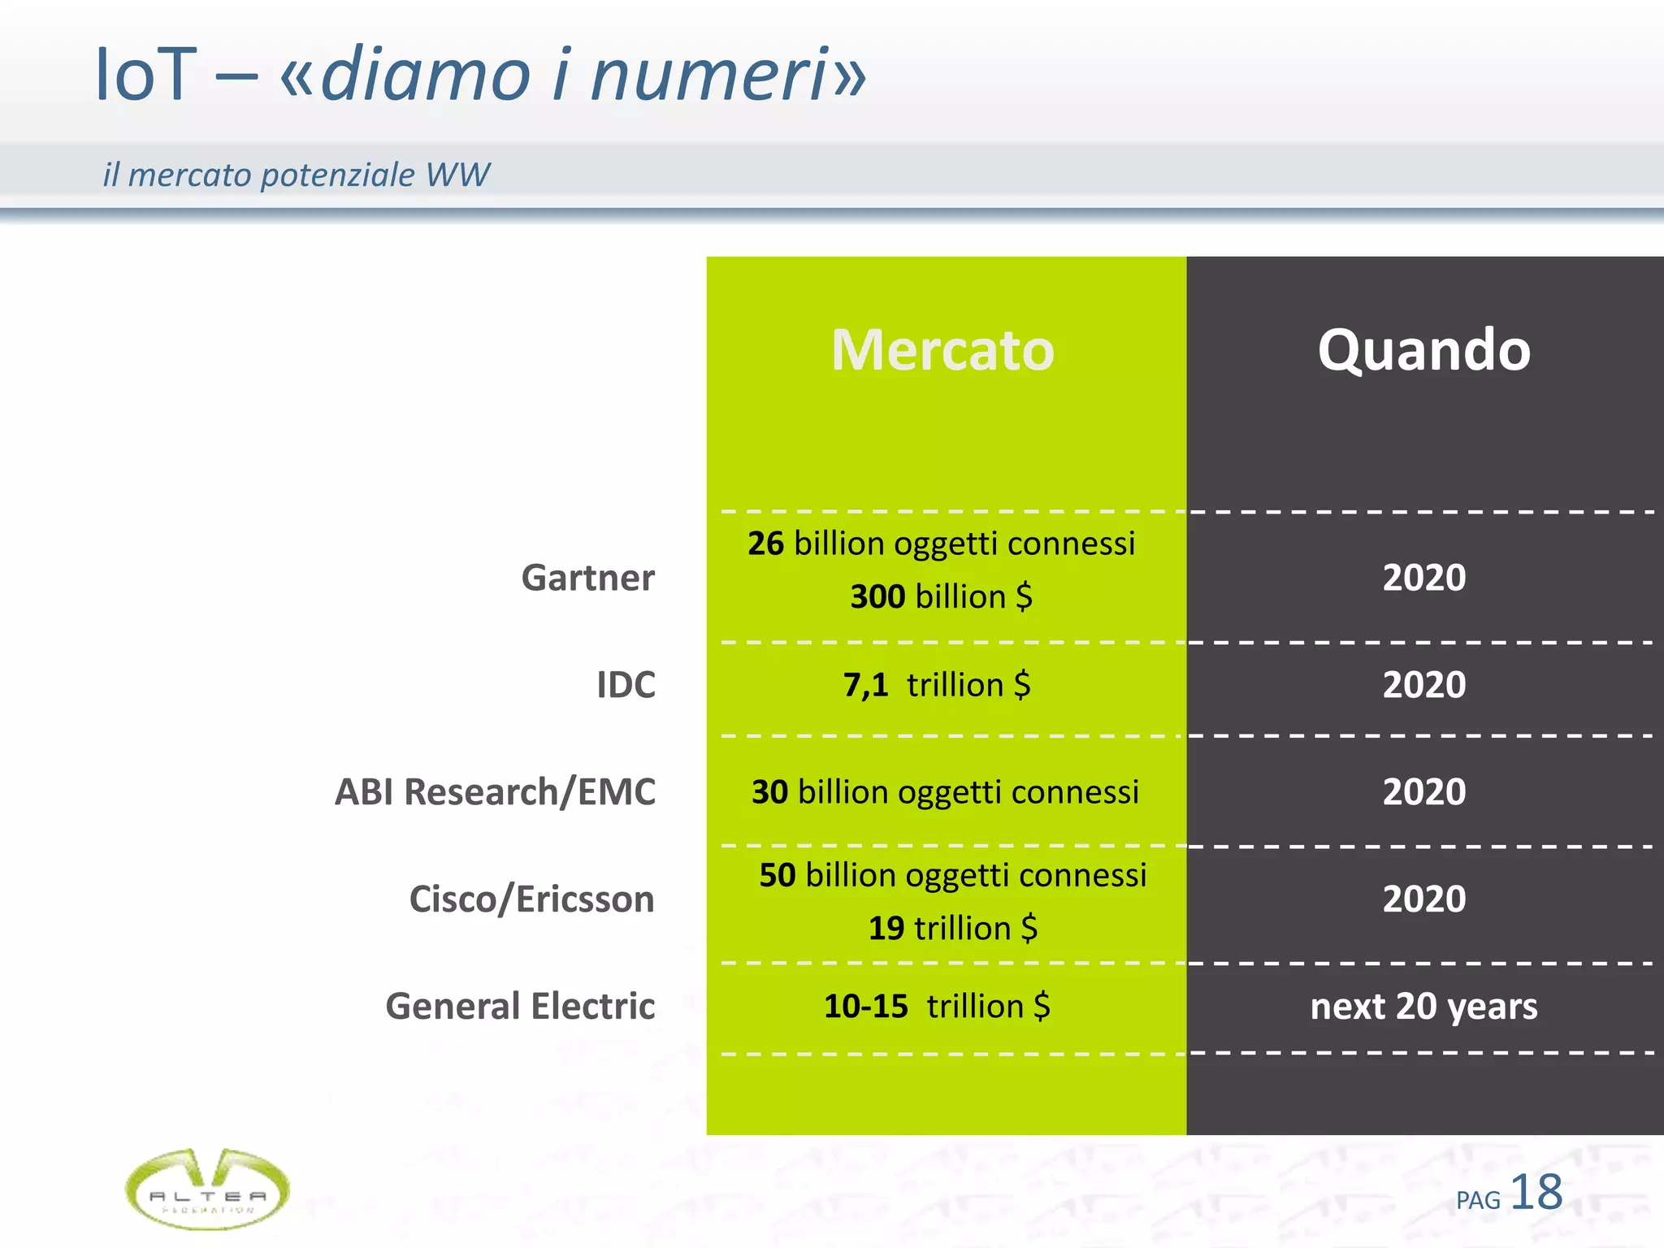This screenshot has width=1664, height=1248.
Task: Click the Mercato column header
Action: click(x=942, y=350)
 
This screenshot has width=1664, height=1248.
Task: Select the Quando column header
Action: click(x=1423, y=350)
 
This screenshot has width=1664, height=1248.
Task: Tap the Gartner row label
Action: click(x=587, y=578)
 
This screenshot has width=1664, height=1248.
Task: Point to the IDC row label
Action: click(x=626, y=685)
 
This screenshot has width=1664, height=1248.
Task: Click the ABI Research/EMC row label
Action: click(x=495, y=792)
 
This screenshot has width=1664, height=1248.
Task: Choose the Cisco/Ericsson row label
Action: click(x=531, y=899)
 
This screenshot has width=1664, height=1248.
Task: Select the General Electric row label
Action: click(x=520, y=1006)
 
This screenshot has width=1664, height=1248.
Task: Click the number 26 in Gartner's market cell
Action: click(x=765, y=544)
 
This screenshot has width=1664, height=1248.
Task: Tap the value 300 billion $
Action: click(x=941, y=596)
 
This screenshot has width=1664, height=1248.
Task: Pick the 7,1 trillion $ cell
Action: click(x=937, y=685)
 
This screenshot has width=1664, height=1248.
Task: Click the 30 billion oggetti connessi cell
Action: click(x=945, y=792)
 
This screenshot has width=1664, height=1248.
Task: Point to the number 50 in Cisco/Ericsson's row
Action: click(x=777, y=875)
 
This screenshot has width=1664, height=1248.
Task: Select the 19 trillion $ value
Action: click(x=952, y=928)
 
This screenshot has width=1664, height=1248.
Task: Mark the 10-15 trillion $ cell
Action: click(x=937, y=1006)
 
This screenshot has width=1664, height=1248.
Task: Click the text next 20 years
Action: click(x=1423, y=1006)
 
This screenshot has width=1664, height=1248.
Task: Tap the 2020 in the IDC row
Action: click(x=1423, y=685)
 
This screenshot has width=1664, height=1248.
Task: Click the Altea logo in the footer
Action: click(x=207, y=1189)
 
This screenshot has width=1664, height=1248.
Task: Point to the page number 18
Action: click(x=1536, y=1193)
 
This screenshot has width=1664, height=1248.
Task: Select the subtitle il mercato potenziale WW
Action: click(x=296, y=175)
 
